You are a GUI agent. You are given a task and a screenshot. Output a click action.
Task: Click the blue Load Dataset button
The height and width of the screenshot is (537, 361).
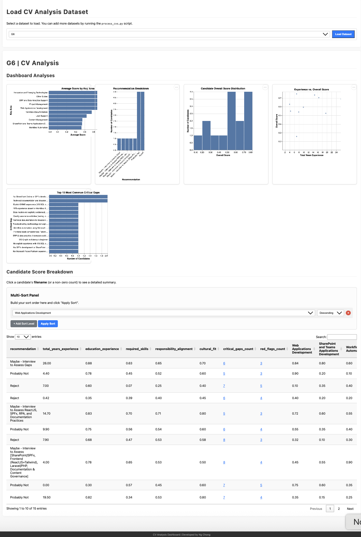point(343,34)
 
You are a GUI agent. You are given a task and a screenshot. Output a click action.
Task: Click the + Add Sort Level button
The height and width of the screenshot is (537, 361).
point(24,324)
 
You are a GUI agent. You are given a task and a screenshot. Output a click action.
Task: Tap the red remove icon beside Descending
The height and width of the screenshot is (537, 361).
point(348,313)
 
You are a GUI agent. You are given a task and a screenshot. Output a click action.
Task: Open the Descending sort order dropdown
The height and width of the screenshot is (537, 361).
point(330,313)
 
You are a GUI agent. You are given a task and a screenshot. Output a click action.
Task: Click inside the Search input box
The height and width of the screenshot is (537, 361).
point(342,337)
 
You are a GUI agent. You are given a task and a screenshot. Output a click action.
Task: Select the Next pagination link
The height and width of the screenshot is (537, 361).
point(350,509)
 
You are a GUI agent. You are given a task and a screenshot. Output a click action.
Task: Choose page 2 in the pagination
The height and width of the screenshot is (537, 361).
point(339,509)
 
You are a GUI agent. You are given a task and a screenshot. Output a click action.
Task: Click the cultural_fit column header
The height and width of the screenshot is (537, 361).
point(208,349)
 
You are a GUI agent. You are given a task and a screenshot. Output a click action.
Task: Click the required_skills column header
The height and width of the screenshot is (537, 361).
point(137,349)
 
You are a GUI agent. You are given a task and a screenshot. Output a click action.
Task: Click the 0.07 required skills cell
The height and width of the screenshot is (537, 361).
point(129,386)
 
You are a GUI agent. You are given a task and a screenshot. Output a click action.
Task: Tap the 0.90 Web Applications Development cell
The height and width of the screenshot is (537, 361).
point(295,373)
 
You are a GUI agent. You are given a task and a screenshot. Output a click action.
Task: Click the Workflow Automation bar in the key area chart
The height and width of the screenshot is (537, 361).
point(65,128)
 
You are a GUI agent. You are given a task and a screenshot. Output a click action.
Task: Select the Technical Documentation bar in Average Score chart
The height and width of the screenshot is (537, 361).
point(70,112)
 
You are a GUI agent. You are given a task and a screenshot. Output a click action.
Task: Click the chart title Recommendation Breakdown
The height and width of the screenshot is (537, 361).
point(131,89)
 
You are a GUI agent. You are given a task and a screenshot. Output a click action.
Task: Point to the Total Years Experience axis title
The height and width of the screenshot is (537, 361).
point(312,155)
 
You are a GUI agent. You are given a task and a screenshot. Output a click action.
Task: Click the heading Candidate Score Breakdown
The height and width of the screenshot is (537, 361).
point(40,272)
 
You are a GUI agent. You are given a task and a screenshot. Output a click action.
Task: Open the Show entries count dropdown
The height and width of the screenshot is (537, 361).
point(22,337)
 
